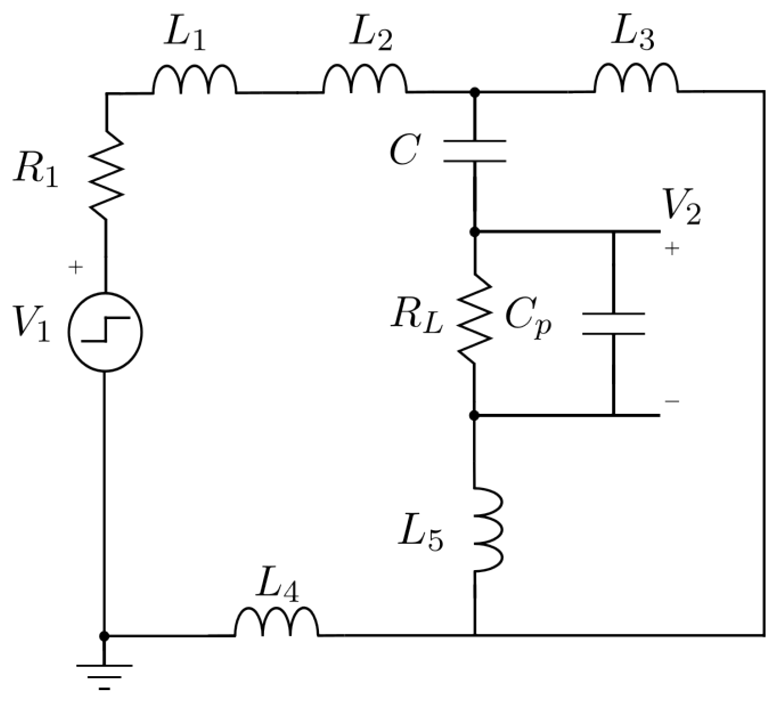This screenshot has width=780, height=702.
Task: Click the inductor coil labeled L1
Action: tap(194, 81)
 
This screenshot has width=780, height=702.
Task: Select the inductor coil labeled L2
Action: tap(365, 81)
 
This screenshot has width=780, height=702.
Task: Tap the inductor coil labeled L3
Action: tap(636, 80)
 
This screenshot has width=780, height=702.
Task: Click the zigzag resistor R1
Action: tap(107, 175)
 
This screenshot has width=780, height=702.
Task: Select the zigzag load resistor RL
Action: tap(474, 319)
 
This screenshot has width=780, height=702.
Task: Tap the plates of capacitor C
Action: tap(475, 151)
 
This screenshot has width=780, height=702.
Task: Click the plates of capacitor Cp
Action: tap(613, 323)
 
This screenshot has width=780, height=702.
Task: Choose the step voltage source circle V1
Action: tap(105, 332)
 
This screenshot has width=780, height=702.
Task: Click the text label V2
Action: tap(682, 209)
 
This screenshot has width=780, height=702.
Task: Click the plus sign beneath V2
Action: tap(671, 249)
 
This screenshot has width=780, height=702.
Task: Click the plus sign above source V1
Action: tap(75, 268)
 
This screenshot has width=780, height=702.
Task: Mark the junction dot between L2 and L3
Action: tap(475, 93)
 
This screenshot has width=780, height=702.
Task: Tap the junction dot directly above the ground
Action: tap(104, 636)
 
